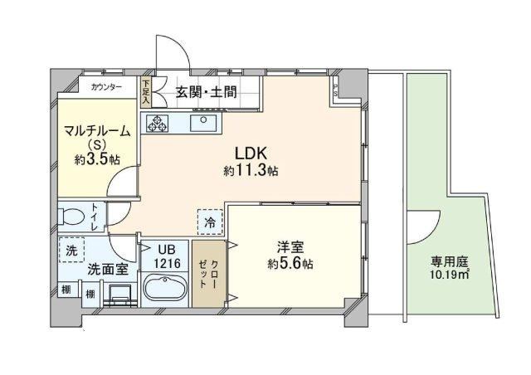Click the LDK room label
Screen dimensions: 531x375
(x=251, y=153)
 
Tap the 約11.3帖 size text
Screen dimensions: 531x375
(x=251, y=171)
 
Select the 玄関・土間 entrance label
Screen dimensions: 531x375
(x=206, y=92)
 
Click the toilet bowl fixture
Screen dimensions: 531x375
(x=71, y=217)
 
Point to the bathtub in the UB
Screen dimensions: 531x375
(x=165, y=289)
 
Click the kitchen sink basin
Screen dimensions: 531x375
(x=203, y=123)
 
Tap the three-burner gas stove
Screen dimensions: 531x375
(x=157, y=123)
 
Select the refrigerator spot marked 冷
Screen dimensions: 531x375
(x=210, y=222)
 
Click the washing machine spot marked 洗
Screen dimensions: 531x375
(x=71, y=250)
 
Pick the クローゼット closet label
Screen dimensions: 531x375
(x=208, y=274)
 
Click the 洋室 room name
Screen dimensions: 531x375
(x=290, y=247)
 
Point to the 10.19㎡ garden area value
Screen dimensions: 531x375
(x=450, y=274)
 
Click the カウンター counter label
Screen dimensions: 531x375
(x=106, y=87)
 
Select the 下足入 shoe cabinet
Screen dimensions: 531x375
(x=146, y=92)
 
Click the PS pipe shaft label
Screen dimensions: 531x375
(x=335, y=90)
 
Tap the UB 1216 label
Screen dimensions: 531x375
(x=166, y=256)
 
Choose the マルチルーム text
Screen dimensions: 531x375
(x=97, y=131)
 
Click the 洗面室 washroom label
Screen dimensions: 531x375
(x=108, y=269)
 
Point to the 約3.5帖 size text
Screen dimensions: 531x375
(x=97, y=158)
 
